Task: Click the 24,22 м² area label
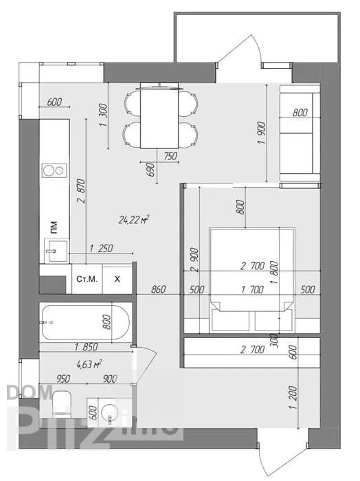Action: pos(134,220)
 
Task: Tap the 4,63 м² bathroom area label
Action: pos(89,364)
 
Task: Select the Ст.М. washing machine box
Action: pos(87,279)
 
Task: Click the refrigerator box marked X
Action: pos(117,279)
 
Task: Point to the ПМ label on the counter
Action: pos(54,227)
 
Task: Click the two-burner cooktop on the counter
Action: pos(54,170)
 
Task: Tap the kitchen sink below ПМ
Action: pos(56,251)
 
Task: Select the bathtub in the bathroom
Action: pos(86,322)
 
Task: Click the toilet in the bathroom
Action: pos(62,403)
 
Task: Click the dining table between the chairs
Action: pos(159,118)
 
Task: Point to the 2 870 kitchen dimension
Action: pos(81,191)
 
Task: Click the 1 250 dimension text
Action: pos(101,248)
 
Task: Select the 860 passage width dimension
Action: pos(159,289)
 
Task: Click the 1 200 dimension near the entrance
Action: pos(293,398)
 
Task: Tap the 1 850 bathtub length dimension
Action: pos(86,346)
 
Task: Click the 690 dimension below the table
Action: pos(150,169)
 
